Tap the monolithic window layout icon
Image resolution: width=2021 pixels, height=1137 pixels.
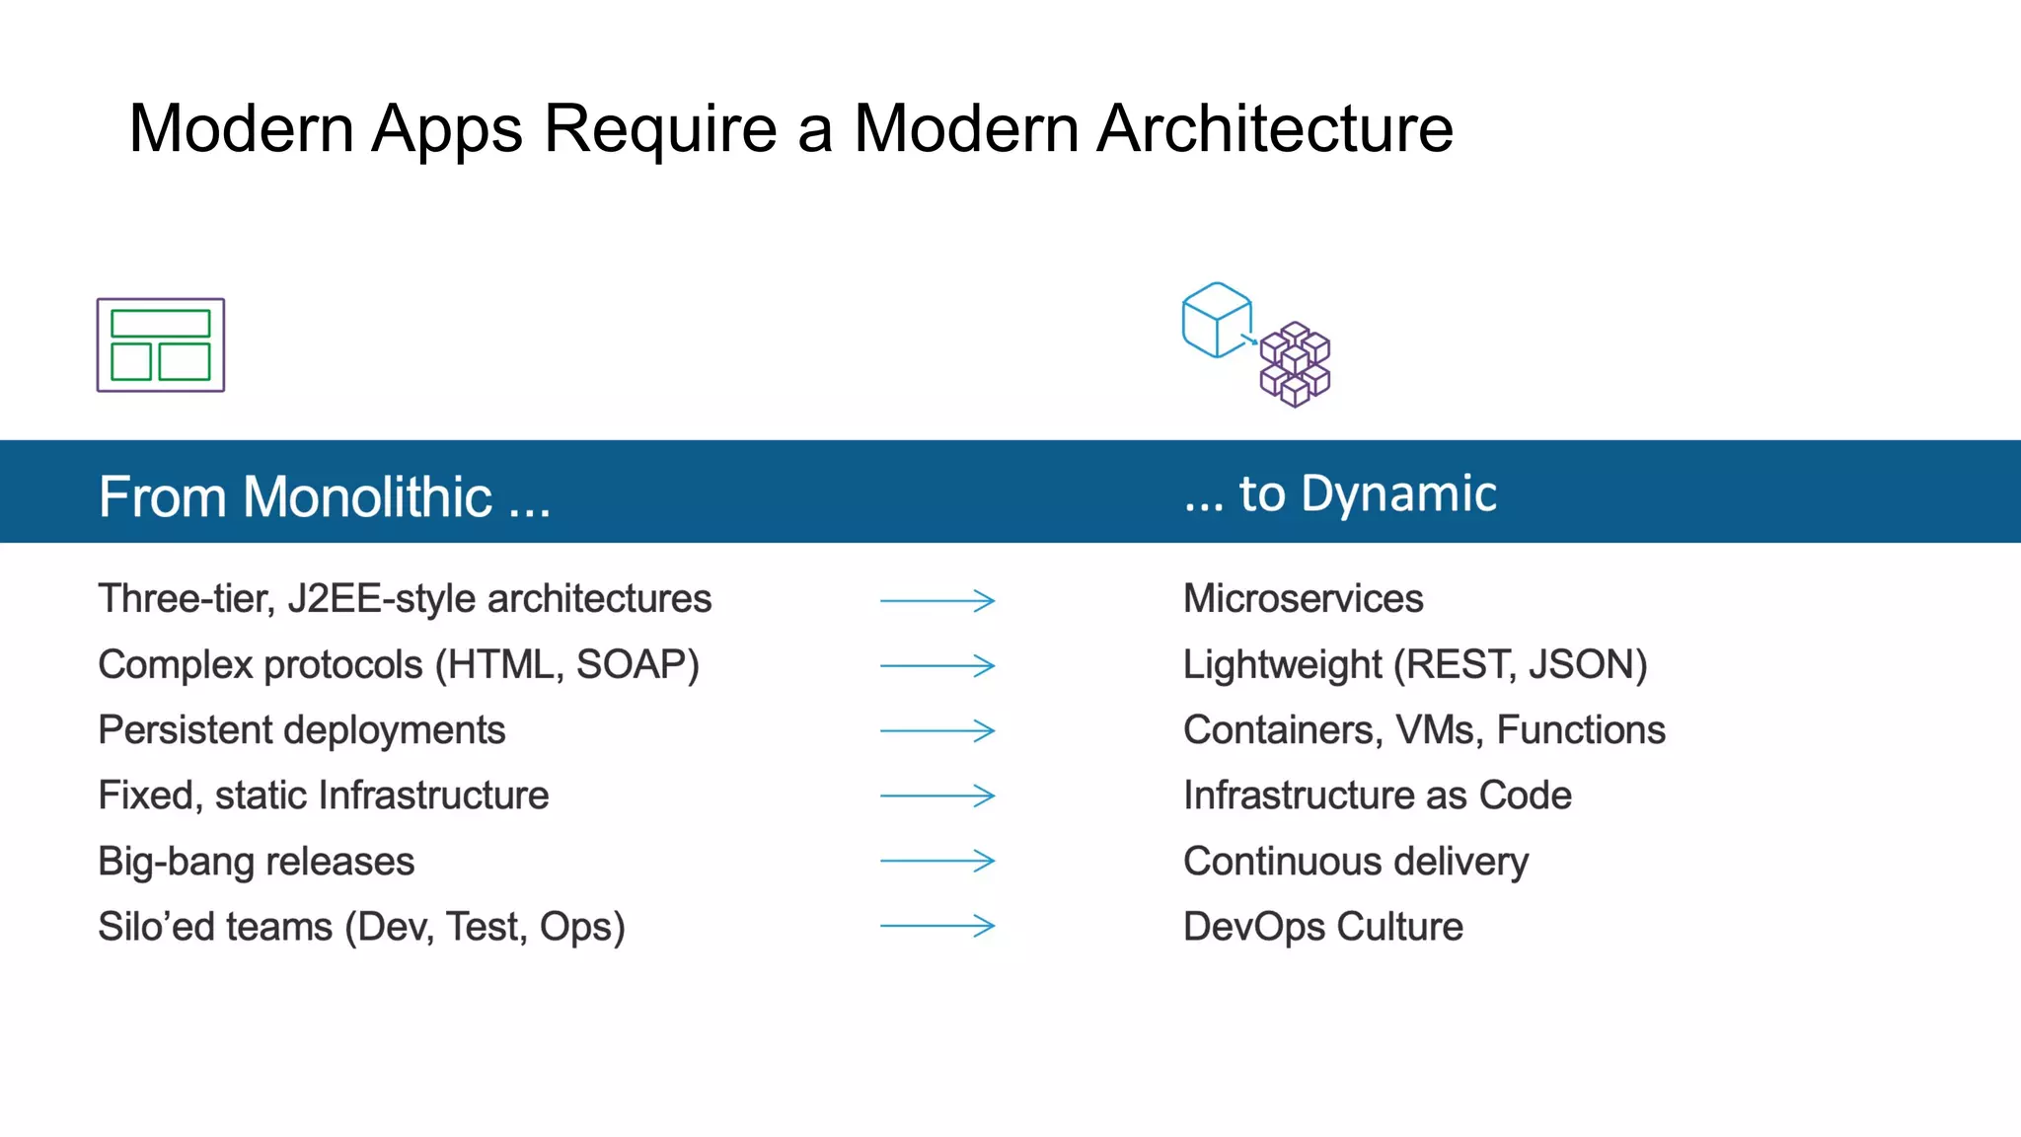tap(161, 345)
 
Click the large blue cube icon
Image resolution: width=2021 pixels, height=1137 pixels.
tap(1217, 320)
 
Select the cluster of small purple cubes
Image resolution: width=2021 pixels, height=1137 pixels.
tap(1296, 364)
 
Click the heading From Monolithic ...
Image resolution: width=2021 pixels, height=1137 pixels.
tap(324, 496)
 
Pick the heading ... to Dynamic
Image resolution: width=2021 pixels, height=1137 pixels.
tap(1340, 493)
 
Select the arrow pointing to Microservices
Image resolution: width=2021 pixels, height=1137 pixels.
tap(937, 600)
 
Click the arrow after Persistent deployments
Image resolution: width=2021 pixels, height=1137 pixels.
tap(937, 730)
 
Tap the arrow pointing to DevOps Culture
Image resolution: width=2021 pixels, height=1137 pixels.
tap(937, 926)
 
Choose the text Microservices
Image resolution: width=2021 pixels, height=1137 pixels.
tap(1303, 599)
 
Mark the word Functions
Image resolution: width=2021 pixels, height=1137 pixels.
tap(1581, 730)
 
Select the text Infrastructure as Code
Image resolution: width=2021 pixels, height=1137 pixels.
tap(1377, 796)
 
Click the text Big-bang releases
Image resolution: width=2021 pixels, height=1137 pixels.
tap(257, 862)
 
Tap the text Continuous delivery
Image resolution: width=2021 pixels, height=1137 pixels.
tap(1356, 862)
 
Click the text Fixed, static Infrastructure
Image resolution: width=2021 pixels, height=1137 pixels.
tap(324, 796)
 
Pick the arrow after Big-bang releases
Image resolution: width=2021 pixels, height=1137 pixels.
tap(937, 861)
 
